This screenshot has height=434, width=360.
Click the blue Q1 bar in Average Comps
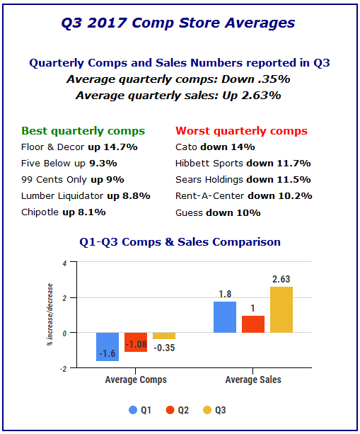[x=108, y=346]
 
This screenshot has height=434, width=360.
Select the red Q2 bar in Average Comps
[x=136, y=342]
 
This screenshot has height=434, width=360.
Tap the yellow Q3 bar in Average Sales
[x=281, y=309]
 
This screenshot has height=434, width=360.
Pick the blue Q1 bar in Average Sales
[x=225, y=317]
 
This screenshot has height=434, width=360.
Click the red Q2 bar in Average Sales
[x=253, y=324]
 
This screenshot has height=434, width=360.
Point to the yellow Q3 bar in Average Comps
[x=164, y=336]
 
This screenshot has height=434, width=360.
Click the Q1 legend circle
[x=133, y=410]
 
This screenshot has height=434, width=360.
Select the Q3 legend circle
[x=207, y=410]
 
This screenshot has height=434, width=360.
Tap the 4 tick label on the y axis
[x=64, y=263]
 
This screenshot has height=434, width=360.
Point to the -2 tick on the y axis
[x=64, y=369]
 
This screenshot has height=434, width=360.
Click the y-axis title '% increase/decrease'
[x=50, y=314]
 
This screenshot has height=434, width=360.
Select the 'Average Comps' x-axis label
[x=136, y=379]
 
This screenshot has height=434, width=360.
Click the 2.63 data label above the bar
[x=281, y=279]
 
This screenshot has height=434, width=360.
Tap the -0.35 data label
[x=164, y=348]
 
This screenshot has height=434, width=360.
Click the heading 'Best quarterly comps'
[x=83, y=131]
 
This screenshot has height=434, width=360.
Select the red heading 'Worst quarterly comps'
[x=241, y=131]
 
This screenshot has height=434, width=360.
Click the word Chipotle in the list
[x=40, y=212]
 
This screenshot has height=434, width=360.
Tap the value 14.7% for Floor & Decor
[x=120, y=147]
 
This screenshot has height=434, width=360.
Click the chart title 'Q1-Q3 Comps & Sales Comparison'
[x=180, y=242]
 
